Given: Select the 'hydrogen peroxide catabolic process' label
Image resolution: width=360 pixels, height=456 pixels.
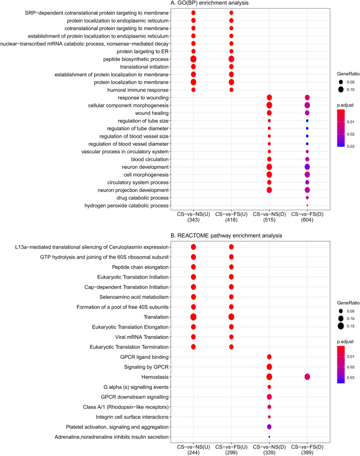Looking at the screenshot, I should point(129,206).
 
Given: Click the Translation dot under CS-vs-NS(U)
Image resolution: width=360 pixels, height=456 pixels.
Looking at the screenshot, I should point(193,317).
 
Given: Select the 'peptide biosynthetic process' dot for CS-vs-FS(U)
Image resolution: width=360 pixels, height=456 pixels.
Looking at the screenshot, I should point(231,59).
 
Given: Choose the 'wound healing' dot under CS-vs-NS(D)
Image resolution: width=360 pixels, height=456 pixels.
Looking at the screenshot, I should point(269,113).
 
